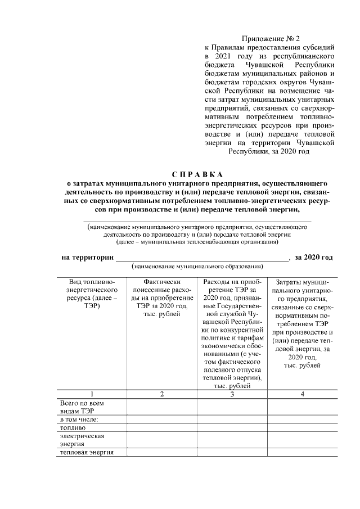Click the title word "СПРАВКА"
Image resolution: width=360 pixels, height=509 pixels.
197,173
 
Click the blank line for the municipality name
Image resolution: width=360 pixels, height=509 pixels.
202,259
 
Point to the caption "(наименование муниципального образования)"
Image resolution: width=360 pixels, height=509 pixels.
197,266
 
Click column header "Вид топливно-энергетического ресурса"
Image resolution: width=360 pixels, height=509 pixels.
91,294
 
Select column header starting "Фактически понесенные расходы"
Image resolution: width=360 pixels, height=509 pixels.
161,298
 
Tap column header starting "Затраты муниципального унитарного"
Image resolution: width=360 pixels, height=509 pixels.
302,323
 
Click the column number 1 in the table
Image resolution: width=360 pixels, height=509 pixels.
91,394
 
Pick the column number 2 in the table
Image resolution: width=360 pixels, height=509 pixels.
161,394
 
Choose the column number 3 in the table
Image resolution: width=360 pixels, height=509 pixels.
232,394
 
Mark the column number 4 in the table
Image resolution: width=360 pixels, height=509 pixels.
302,394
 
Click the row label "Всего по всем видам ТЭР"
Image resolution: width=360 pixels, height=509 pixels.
82,407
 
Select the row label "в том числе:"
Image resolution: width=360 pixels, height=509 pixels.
79,420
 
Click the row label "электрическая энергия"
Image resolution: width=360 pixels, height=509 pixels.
82,440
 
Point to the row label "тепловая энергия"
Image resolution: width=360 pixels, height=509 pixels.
87,452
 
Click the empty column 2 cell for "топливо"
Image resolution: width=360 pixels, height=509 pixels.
161,427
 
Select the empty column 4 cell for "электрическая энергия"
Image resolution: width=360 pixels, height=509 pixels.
302,440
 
